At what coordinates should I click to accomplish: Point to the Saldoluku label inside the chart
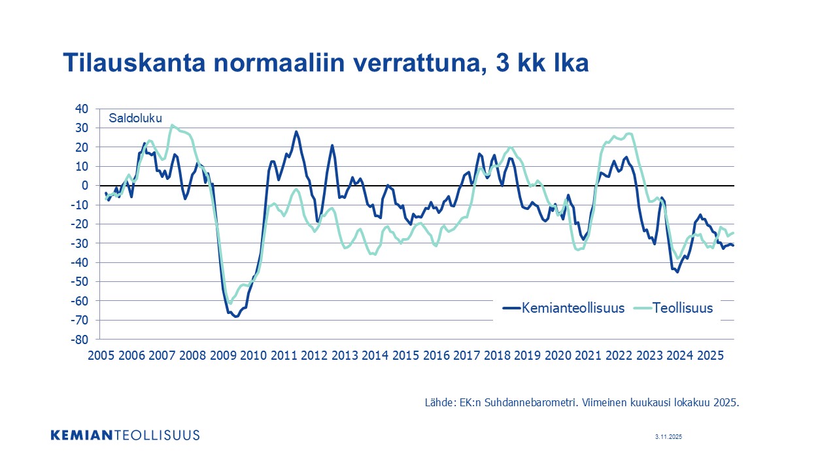[135, 118]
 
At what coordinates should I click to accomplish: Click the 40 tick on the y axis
[82, 109]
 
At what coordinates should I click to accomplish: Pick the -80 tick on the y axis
[80, 340]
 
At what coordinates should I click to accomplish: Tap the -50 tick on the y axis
[80, 282]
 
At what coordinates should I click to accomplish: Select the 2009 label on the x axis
[223, 355]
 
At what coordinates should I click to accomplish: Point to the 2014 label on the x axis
[375, 355]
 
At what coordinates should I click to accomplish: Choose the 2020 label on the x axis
[558, 355]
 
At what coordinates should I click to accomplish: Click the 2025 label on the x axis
[711, 355]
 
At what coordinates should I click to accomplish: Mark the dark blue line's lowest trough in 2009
[236, 317]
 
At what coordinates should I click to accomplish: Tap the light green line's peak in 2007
[172, 125]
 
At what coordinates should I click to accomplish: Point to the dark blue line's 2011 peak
[296, 131]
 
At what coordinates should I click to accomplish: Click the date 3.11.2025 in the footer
[668, 436]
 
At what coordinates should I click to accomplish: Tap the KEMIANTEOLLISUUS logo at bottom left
[125, 435]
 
